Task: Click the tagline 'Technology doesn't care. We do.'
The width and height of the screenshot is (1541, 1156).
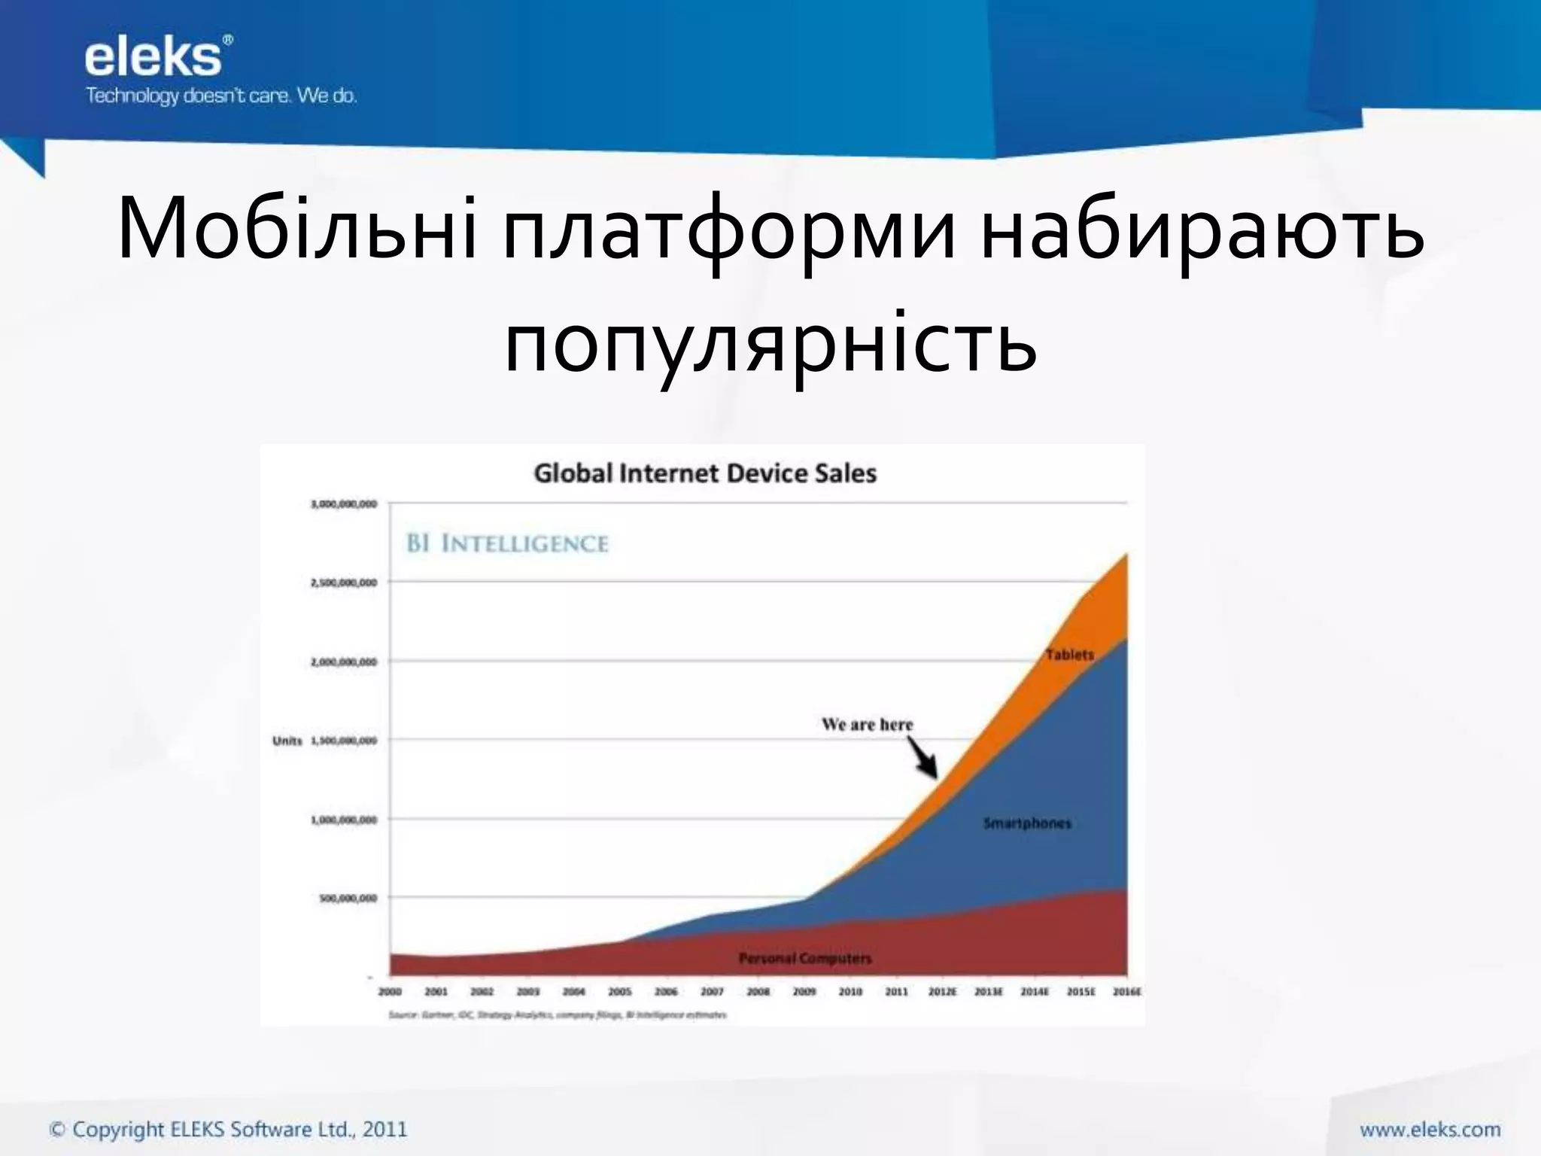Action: point(220,96)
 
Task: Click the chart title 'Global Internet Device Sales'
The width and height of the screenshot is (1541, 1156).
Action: point(705,473)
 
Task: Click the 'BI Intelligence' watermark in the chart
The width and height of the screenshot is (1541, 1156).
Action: point(507,543)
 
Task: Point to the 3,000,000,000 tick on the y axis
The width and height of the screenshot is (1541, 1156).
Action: point(344,504)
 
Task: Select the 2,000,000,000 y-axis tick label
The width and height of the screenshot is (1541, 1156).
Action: point(344,662)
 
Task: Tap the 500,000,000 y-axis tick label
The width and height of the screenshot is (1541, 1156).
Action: point(348,898)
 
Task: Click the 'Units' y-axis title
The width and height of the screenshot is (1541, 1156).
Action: point(287,741)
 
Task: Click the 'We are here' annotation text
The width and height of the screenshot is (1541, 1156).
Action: point(867,725)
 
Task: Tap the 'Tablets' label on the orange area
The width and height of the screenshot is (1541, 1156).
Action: point(1069,655)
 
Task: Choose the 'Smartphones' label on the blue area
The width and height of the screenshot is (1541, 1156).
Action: point(1027,823)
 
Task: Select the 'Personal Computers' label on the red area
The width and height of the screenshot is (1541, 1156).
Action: point(805,958)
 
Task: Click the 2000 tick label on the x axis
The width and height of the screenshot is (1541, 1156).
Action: point(390,992)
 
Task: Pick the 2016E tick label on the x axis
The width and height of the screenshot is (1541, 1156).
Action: point(1126,992)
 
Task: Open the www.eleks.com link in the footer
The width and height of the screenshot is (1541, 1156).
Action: point(1430,1129)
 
